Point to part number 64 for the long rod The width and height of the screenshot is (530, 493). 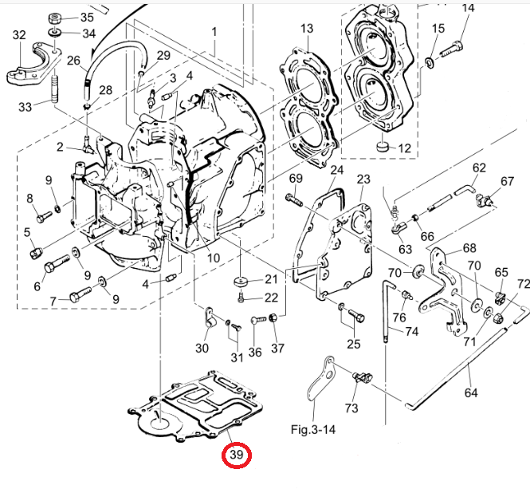coord(471,392)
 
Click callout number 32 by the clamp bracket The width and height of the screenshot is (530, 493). coord(19,35)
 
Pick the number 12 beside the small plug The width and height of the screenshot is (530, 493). coord(404,148)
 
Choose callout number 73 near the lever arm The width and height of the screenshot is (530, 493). coord(351,408)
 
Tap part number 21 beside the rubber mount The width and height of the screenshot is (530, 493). coord(272,279)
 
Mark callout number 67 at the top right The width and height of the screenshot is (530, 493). coord(508,181)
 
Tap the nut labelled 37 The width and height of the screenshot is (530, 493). coord(272,319)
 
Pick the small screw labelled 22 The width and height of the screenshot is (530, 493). coord(242,298)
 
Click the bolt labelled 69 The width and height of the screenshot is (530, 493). coord(291,198)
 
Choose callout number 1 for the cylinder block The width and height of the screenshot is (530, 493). coord(214,32)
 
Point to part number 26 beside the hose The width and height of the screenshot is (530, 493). coord(73,61)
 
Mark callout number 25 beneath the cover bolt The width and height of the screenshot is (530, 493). coord(353,344)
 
